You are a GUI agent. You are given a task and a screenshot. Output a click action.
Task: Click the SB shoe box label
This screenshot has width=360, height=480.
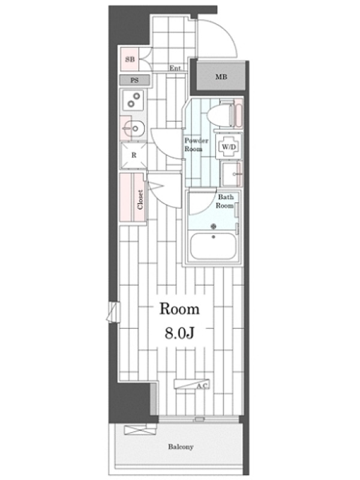130,59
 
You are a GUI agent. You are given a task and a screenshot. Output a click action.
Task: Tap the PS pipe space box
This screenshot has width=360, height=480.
134,80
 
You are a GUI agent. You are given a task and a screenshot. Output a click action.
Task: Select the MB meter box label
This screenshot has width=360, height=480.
221,77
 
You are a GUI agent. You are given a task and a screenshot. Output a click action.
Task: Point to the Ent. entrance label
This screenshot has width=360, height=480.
176,68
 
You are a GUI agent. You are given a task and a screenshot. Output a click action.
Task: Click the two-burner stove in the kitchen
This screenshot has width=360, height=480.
133,100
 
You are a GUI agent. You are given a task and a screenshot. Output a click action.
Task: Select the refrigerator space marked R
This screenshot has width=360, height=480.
134,155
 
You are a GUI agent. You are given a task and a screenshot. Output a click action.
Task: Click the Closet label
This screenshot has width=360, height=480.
140,200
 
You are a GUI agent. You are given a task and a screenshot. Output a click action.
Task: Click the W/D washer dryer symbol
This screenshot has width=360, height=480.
229,147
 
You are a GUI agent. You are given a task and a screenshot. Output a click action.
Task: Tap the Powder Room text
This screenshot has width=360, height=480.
196,145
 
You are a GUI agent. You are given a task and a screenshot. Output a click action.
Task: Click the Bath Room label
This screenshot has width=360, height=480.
226,201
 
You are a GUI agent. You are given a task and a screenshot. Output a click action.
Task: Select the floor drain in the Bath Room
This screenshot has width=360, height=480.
214,226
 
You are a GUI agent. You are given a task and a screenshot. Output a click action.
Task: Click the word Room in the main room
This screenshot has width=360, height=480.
179,309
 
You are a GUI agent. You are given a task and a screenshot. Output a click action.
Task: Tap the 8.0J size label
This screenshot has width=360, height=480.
179,333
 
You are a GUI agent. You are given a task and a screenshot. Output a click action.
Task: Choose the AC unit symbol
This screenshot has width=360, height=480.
191,384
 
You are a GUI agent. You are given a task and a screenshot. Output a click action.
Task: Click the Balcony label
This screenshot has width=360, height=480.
181,446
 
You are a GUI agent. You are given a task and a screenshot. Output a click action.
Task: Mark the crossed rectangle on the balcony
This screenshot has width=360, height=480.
140,429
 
